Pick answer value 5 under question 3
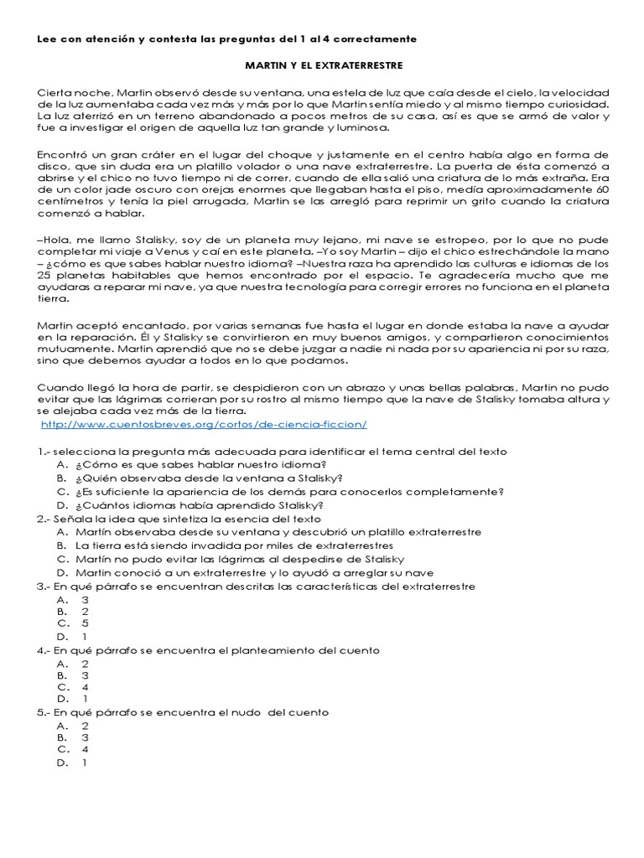pyautogui.click(x=85, y=623)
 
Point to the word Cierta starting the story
pyautogui.click(x=55, y=91)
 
